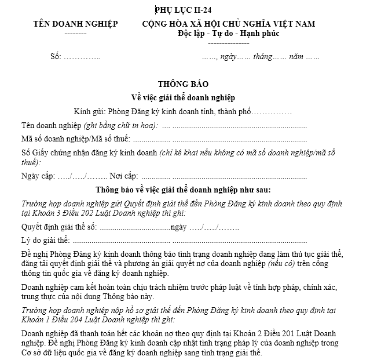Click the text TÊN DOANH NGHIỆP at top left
click(x=75, y=24)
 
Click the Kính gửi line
click(x=183, y=111)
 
